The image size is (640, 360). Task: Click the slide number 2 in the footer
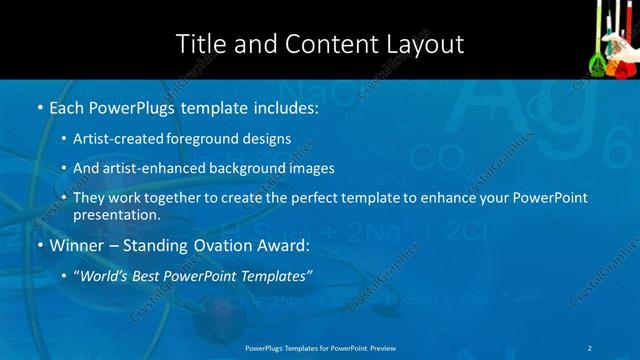(x=590, y=348)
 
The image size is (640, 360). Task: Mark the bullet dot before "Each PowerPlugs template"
(x=39, y=107)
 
